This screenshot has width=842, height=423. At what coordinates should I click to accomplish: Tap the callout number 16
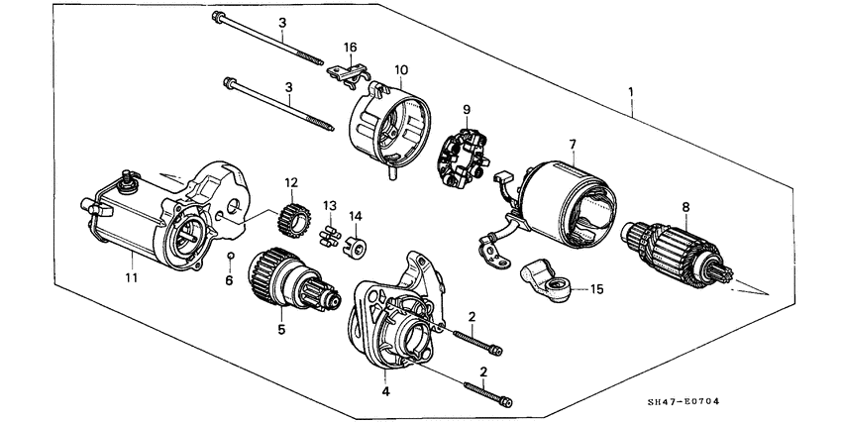[350, 48]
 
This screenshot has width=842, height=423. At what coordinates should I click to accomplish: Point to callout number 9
[466, 109]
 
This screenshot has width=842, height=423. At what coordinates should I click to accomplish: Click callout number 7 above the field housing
[572, 146]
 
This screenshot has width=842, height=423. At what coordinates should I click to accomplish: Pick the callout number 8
[684, 208]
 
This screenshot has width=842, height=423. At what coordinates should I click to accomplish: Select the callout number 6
[229, 280]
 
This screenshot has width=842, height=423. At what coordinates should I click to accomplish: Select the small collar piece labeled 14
[355, 245]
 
